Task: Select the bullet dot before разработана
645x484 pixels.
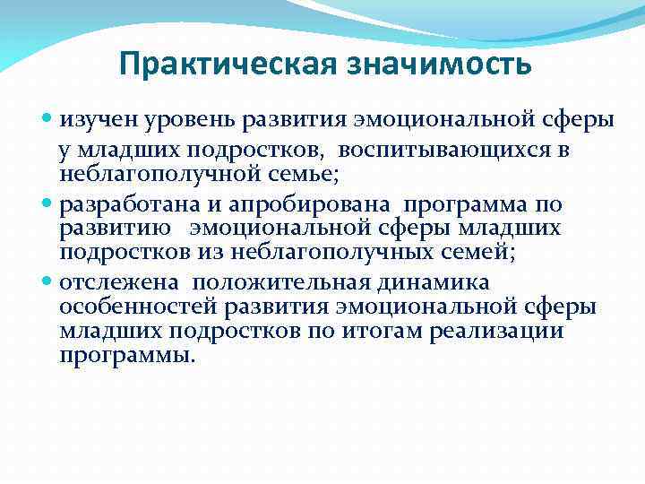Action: coord(49,203)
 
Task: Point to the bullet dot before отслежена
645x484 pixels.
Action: coord(49,283)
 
